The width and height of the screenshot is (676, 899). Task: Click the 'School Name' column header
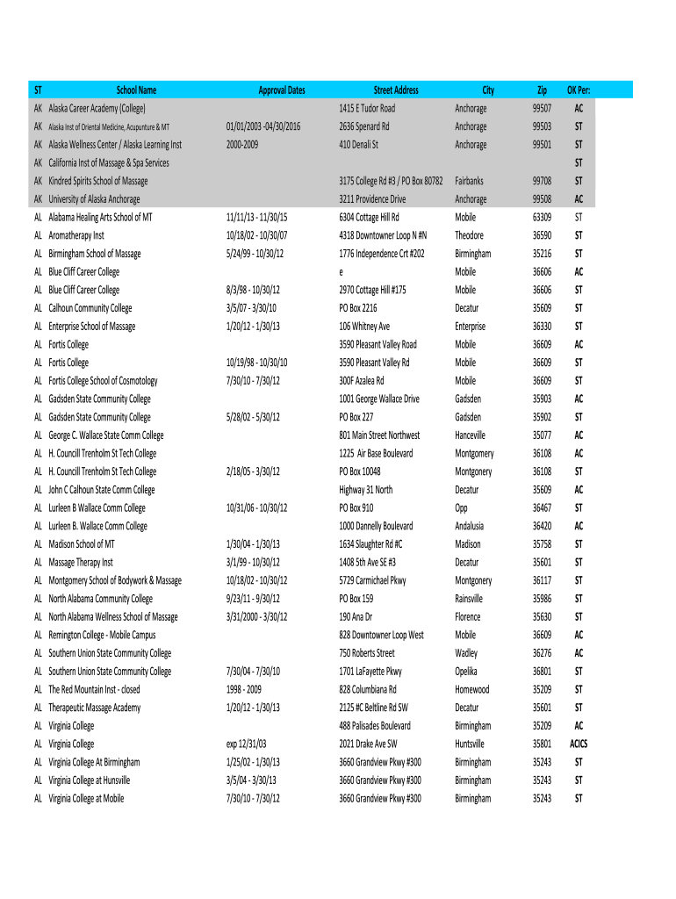tap(137, 90)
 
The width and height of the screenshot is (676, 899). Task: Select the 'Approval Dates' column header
tap(281, 90)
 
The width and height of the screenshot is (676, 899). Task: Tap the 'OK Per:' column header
tap(579, 90)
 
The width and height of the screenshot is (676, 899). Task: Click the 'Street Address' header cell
tap(396, 90)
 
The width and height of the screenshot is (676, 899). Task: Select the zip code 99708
tap(542, 181)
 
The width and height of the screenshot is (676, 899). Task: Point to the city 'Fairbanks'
tap(471, 181)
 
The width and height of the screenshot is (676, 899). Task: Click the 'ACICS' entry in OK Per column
tap(579, 744)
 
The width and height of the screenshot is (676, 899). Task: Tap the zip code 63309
tap(542, 217)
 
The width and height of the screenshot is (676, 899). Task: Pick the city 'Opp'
tap(462, 508)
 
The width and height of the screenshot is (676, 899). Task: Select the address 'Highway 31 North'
tap(366, 490)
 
